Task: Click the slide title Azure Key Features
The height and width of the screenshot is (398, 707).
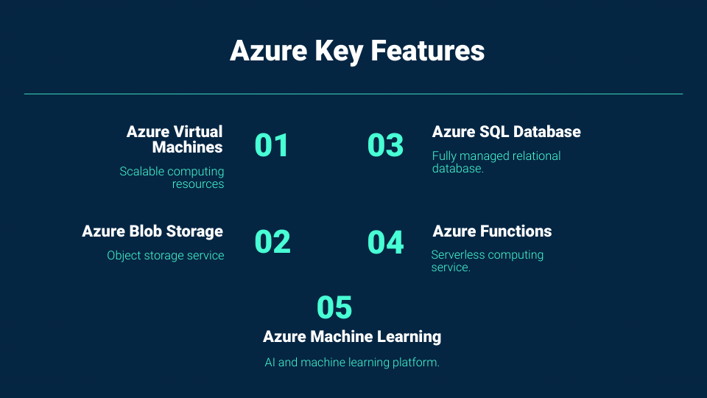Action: (357, 51)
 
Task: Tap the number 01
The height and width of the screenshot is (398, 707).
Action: (272, 145)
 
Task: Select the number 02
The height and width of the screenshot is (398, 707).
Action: (272, 242)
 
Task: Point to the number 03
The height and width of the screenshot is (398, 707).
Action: (385, 145)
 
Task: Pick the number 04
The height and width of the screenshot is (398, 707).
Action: (385, 242)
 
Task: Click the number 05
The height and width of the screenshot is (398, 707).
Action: (334, 307)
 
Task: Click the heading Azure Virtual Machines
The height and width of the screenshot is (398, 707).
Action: (175, 139)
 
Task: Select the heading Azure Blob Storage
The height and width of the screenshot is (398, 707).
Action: (152, 231)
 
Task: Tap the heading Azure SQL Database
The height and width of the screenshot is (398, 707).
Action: (507, 132)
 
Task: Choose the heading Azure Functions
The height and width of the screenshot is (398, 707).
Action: (492, 231)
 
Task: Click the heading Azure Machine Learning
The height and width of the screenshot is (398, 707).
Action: (352, 337)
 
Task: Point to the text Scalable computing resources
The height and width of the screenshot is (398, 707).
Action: (172, 178)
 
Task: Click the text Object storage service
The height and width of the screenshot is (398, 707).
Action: (166, 256)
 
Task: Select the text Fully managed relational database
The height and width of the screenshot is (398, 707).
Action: (496, 162)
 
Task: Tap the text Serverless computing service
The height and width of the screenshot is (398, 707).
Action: (488, 261)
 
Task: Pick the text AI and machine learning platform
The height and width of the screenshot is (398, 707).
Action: (352, 363)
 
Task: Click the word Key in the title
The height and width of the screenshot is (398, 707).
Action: (339, 52)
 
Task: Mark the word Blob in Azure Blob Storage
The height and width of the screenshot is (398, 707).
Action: (146, 231)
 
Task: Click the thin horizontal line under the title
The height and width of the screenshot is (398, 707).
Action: (353, 94)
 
